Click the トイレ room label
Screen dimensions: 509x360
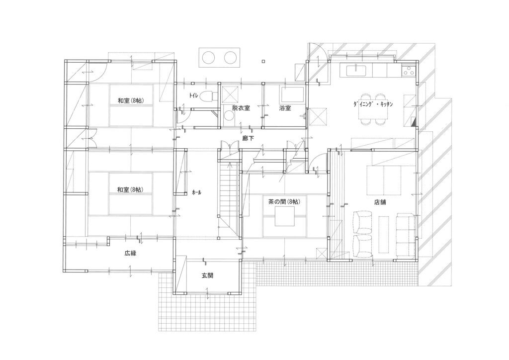(x=193, y=95)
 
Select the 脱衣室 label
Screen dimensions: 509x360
(x=241, y=108)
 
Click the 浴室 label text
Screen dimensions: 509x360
(x=285, y=108)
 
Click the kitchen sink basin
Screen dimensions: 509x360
(x=356, y=70)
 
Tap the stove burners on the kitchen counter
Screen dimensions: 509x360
(x=409, y=71)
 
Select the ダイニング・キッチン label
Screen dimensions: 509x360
(x=373, y=104)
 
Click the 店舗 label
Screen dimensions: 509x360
(x=380, y=202)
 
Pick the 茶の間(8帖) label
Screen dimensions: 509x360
(x=284, y=201)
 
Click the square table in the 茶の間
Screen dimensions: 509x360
(x=285, y=216)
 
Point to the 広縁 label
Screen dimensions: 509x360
(x=130, y=253)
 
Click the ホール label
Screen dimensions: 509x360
(x=197, y=192)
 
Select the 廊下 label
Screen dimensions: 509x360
(x=249, y=138)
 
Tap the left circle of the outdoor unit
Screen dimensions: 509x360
(x=208, y=58)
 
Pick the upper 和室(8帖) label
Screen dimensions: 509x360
(x=131, y=100)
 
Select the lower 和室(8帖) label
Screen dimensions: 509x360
(x=131, y=189)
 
